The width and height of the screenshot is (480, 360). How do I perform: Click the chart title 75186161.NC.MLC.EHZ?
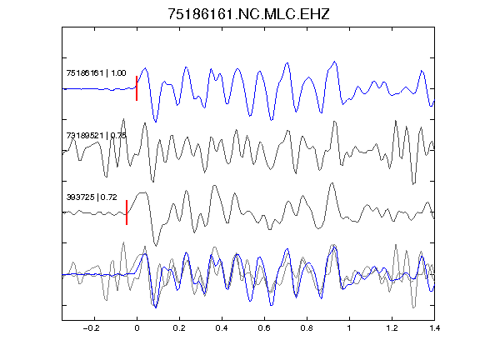[x=248, y=14]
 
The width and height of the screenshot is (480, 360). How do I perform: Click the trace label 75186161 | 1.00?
[x=96, y=73]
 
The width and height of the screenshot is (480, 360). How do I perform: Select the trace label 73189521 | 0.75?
[x=96, y=135]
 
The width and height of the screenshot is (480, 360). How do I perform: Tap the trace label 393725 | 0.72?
[x=92, y=197]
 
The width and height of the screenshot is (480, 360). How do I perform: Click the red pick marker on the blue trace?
[x=137, y=88]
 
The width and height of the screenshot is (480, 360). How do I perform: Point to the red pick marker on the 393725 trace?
[x=127, y=212]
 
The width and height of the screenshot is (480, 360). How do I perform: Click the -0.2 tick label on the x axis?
[x=92, y=328]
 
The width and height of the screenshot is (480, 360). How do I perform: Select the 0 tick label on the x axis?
[x=137, y=328]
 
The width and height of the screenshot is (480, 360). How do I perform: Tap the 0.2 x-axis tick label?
[x=179, y=328]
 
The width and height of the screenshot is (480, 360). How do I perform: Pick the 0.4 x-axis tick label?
[x=222, y=328]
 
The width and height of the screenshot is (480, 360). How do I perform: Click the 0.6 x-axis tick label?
[x=264, y=328]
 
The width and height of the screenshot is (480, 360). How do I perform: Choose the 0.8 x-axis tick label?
[x=307, y=328]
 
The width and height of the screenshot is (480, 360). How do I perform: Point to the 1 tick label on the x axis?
[x=349, y=328]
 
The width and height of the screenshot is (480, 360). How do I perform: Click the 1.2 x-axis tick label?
[x=392, y=328]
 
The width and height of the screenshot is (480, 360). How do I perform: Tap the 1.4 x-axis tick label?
[x=434, y=328]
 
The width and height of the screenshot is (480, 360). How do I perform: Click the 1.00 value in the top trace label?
[x=118, y=73]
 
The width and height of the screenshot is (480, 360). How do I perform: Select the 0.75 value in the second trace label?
[x=118, y=135]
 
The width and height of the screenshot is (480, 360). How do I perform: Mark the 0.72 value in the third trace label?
[x=109, y=197]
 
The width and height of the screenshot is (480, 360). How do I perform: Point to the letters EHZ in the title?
[x=315, y=14]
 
